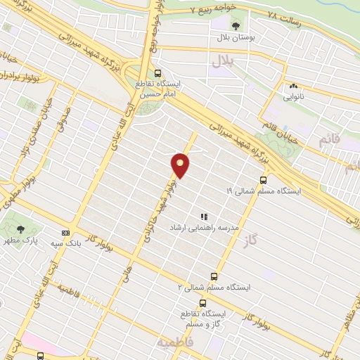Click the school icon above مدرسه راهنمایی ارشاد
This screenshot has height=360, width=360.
[203, 217]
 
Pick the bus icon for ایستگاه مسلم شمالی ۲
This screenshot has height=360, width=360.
[214, 277]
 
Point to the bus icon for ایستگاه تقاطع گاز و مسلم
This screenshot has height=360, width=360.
[202, 302]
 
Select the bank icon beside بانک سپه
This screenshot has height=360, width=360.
[65, 233]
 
